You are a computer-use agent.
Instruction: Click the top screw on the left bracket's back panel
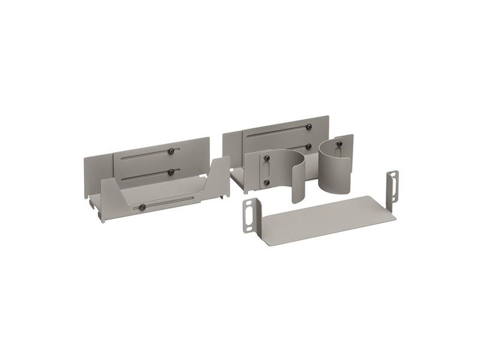[x=171, y=151]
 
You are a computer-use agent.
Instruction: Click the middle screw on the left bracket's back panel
[x=171, y=172]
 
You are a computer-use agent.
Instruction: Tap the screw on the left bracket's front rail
[x=142, y=208]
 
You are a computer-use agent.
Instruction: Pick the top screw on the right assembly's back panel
[x=308, y=127]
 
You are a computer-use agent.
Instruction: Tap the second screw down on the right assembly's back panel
[x=308, y=146]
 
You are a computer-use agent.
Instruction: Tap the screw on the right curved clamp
[x=338, y=144]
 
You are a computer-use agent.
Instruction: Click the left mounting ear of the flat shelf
[x=249, y=215]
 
